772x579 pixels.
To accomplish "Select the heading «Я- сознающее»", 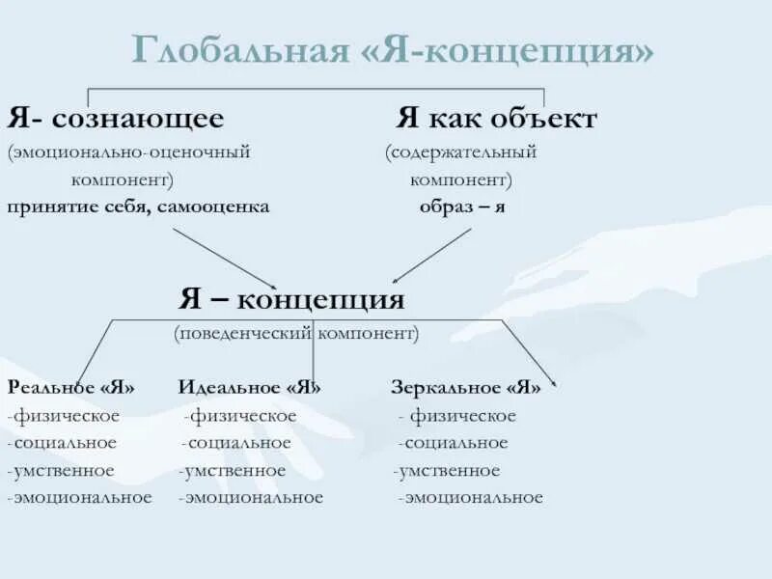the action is [x=116, y=120].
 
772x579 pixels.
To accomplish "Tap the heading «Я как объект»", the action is [x=496, y=120].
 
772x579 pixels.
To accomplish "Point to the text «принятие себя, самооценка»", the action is [x=139, y=207].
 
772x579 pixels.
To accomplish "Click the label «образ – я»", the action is [x=462, y=207].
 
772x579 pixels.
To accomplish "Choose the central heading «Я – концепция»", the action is [x=291, y=298].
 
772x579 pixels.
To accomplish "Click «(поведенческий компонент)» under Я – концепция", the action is [x=296, y=333].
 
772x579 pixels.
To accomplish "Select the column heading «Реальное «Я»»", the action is [x=71, y=388].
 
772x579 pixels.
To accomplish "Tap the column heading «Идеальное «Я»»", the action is [x=250, y=388].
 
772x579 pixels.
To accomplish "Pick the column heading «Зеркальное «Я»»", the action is [x=466, y=388].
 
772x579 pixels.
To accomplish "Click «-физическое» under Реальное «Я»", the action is [x=64, y=416].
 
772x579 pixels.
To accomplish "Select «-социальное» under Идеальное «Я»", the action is [x=237, y=443].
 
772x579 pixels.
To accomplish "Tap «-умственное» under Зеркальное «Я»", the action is [x=447, y=471].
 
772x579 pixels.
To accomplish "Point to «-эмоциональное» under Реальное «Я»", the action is [x=79, y=498].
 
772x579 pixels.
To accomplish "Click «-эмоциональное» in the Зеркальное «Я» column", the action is [x=470, y=498].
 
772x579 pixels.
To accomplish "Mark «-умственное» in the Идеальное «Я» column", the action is [x=233, y=471].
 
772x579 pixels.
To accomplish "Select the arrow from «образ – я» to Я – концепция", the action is [x=431, y=254].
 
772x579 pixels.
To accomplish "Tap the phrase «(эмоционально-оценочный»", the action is [x=129, y=152].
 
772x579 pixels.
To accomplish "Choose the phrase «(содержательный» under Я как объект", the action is [x=460, y=152].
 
